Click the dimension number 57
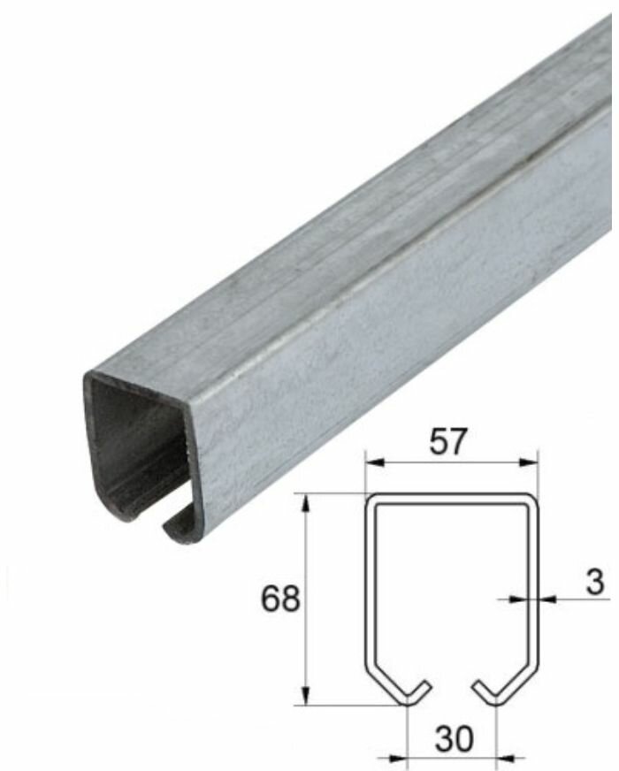pos(449,441)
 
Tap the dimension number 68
pos(280,599)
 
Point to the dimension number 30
pos(452,737)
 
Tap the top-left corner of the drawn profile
pos(371,499)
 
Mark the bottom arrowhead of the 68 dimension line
pos(307,698)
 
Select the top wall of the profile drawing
pos(451,497)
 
